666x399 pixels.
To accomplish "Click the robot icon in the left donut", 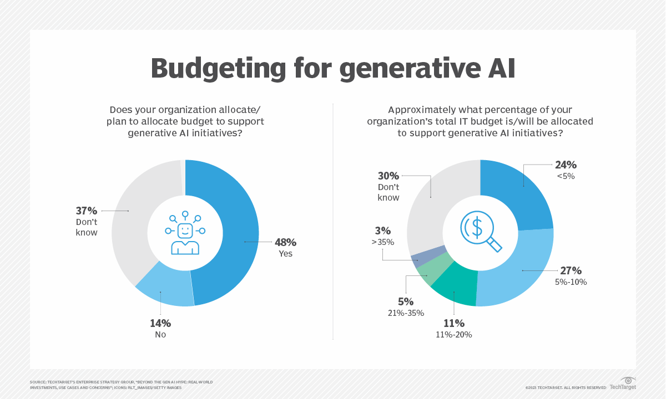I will point(185,233).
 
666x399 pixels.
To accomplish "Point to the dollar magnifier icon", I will point(481,233).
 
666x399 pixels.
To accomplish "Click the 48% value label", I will point(285,242).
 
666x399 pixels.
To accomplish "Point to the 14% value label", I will point(160,323).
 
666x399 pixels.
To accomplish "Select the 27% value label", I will point(571,270).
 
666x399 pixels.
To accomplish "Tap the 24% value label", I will point(566,165).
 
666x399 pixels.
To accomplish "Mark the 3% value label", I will point(383,231).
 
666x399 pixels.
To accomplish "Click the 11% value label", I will point(453,323).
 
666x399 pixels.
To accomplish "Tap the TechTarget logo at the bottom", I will point(623,383).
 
